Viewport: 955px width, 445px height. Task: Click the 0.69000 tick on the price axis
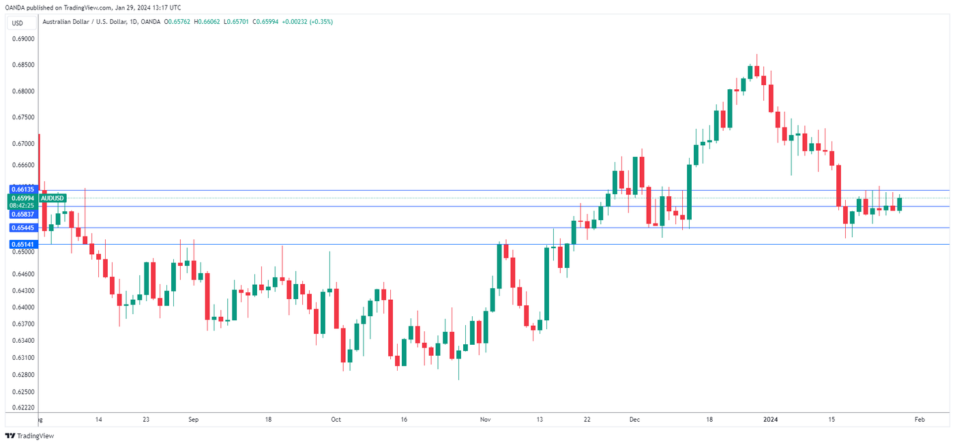tap(23, 39)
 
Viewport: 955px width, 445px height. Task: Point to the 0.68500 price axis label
tap(23, 65)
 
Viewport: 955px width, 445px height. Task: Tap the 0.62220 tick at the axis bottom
tap(23, 407)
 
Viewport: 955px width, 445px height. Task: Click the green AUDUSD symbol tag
tap(53, 198)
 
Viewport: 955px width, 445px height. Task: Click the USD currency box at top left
tap(17, 23)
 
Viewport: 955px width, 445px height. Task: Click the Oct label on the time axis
tap(335, 420)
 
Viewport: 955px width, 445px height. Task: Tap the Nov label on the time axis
tap(484, 420)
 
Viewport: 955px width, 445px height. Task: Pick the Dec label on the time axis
tap(634, 420)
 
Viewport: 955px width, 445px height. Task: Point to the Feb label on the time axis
tap(919, 420)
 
